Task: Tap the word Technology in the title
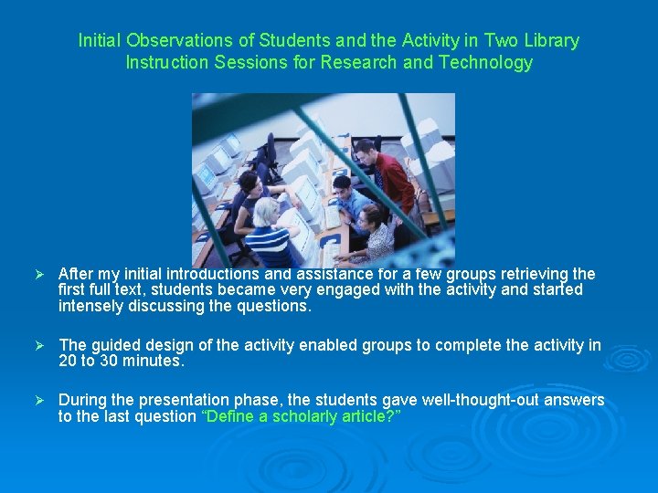[x=485, y=63]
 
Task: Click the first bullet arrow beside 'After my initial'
[x=38, y=274]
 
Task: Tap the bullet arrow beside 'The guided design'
[x=38, y=345]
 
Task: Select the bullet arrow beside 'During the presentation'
[x=38, y=401]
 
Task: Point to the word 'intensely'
[x=90, y=306]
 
